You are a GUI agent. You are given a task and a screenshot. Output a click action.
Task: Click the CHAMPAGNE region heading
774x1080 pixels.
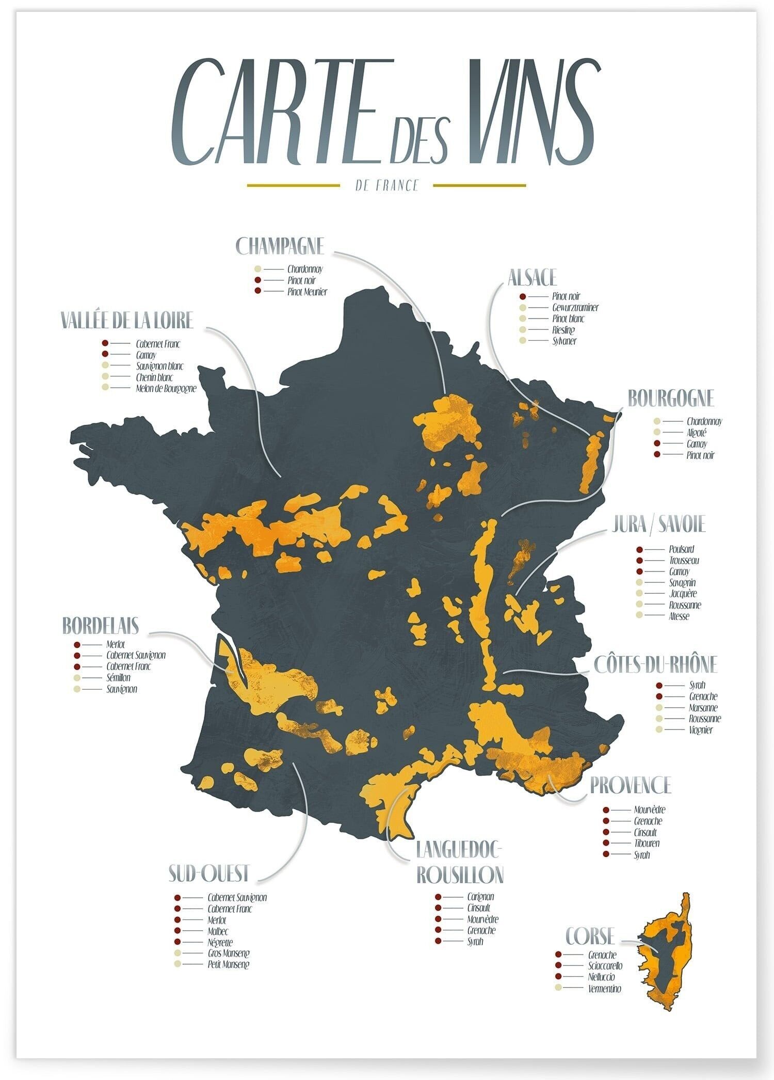click(x=280, y=246)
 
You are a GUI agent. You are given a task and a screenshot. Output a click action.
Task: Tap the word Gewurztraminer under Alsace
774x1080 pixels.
click(x=575, y=308)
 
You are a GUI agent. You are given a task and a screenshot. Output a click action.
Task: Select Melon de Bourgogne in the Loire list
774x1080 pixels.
click(x=166, y=388)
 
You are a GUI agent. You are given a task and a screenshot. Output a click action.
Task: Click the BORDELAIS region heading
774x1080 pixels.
click(x=101, y=625)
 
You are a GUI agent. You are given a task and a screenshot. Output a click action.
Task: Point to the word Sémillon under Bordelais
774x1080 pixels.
click(x=118, y=677)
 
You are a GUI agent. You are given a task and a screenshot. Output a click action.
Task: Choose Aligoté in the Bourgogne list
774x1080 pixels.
click(x=696, y=433)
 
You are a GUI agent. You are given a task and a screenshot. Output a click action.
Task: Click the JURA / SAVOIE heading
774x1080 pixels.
click(x=658, y=525)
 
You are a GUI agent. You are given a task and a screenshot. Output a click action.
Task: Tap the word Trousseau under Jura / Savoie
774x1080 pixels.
click(x=684, y=560)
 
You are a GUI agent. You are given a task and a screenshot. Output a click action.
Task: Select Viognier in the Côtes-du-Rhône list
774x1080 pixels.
click(x=701, y=730)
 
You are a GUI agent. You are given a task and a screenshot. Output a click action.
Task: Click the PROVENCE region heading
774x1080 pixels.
click(x=630, y=785)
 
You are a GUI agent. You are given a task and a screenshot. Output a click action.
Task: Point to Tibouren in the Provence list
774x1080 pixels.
click(x=647, y=843)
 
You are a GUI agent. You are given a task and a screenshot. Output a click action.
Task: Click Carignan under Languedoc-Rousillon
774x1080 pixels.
click(x=480, y=897)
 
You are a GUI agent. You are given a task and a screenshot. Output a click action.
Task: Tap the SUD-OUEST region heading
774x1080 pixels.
click(x=209, y=873)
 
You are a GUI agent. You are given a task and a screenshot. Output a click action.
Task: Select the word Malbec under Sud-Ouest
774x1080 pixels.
click(x=218, y=931)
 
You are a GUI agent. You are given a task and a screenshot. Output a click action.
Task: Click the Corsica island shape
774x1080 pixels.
click(x=665, y=955)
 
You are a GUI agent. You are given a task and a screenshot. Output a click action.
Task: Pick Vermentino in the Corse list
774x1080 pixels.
click(x=604, y=989)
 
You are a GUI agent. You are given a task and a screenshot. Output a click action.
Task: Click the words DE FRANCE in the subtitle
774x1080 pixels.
click(x=386, y=185)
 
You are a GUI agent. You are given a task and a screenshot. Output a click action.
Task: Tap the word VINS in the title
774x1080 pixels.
click(x=531, y=113)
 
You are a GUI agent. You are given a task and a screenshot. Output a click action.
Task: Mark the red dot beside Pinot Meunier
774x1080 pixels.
click(x=258, y=291)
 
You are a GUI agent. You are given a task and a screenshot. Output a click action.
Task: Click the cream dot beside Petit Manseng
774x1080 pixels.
click(x=178, y=964)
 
